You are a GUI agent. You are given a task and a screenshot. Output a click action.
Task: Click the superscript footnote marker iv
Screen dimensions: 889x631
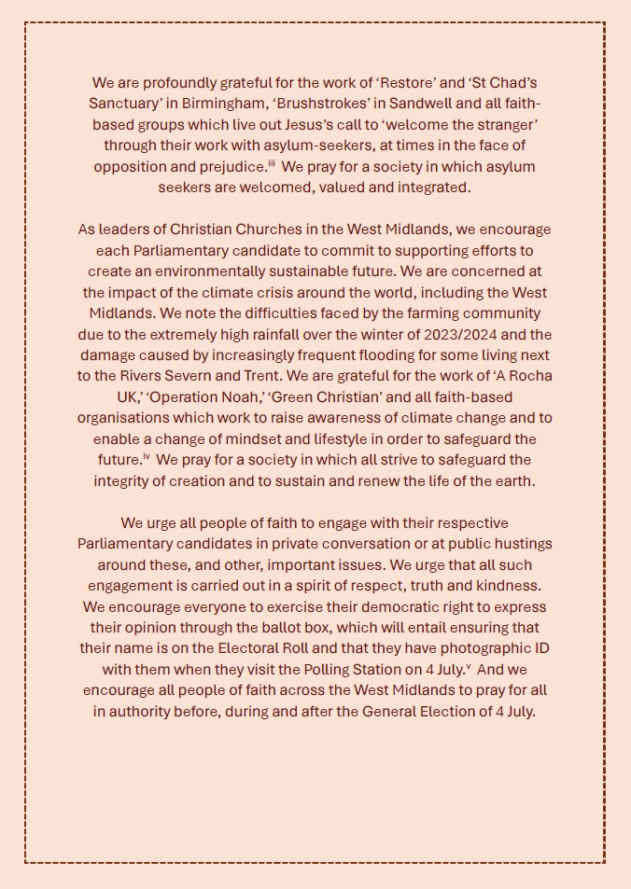tap(146, 456)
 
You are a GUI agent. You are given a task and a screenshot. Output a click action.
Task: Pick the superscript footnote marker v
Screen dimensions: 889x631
tap(467, 665)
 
